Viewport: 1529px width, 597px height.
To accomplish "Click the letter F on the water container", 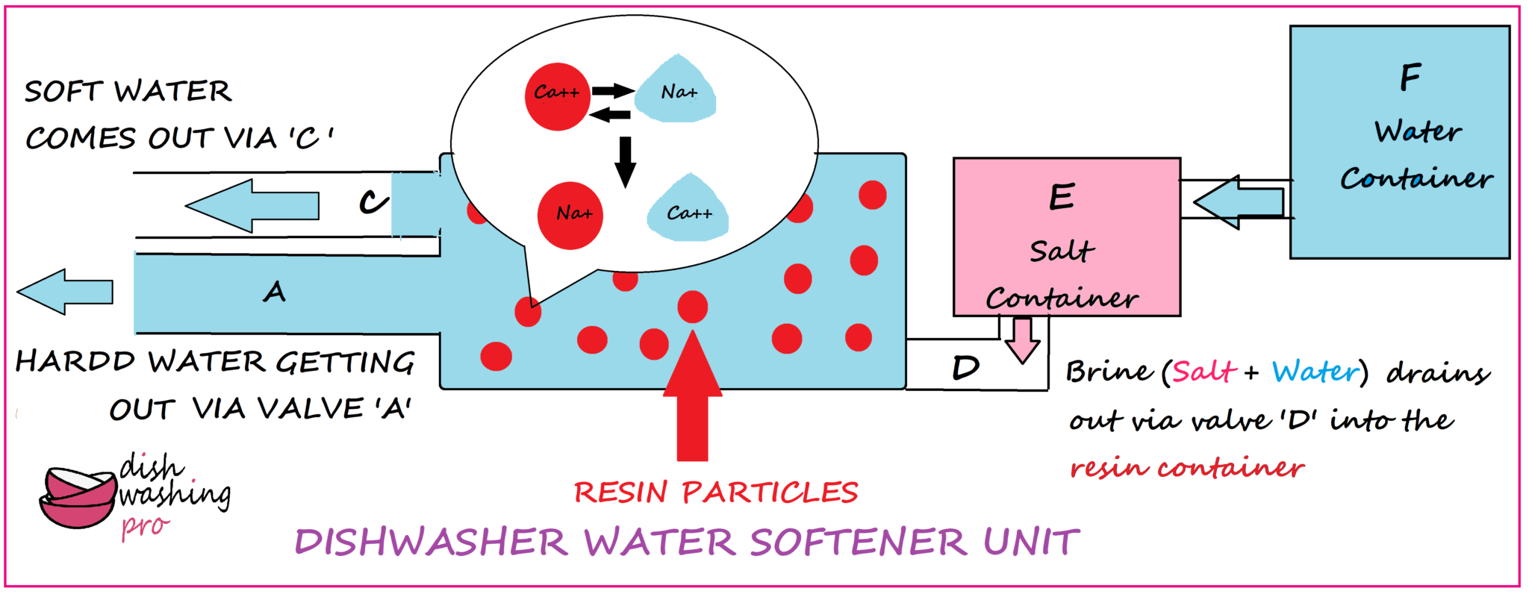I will pyautogui.click(x=1410, y=78).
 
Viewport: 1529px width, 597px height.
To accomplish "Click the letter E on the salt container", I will pyautogui.click(x=1062, y=197).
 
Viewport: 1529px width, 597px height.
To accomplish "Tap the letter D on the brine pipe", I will pyautogui.click(x=965, y=368).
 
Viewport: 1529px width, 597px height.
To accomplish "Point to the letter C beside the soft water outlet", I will pyautogui.click(x=373, y=201).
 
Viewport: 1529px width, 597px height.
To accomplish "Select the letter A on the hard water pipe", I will pyautogui.click(x=275, y=292).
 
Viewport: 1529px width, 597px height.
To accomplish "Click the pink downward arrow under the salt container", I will pyautogui.click(x=1022, y=340).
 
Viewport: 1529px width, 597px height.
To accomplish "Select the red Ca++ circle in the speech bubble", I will pyautogui.click(x=557, y=96).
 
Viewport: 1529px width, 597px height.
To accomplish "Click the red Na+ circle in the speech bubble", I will pyautogui.click(x=570, y=216).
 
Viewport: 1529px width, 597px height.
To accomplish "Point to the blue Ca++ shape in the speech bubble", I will pyautogui.click(x=688, y=211).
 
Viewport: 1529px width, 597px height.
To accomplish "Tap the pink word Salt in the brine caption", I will pyautogui.click(x=1203, y=372).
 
